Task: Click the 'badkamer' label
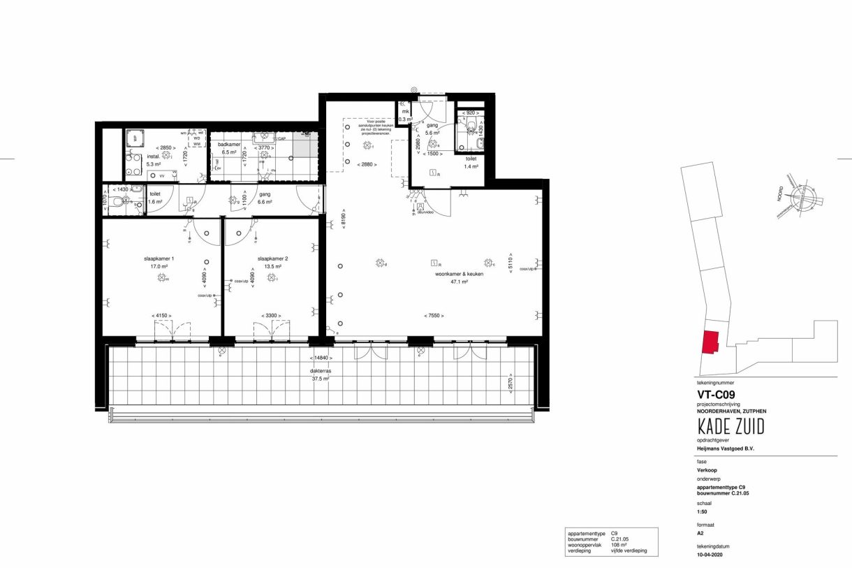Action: (228, 144)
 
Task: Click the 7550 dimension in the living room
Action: (433, 316)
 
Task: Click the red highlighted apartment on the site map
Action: (710, 344)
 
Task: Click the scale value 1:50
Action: (703, 509)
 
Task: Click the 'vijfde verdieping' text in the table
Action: (629, 551)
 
